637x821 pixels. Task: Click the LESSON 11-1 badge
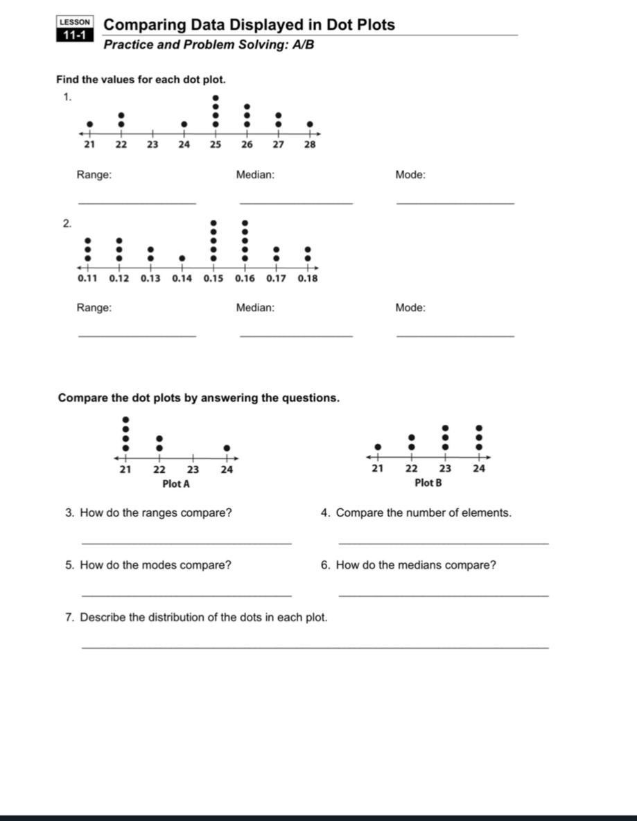point(74,30)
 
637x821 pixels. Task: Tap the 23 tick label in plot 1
point(152,145)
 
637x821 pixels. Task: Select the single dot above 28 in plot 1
point(310,125)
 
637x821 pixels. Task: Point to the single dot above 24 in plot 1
point(184,125)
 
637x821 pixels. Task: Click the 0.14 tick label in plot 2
point(182,278)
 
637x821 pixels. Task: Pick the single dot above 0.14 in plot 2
point(182,258)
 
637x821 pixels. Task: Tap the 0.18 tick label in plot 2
point(308,278)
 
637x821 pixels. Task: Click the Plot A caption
point(176,483)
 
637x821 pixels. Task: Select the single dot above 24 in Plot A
point(227,448)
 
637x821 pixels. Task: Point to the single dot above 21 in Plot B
point(378,447)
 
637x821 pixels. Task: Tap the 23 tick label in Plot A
point(193,469)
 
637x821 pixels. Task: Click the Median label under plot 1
point(255,175)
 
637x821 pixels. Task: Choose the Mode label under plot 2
point(410,307)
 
